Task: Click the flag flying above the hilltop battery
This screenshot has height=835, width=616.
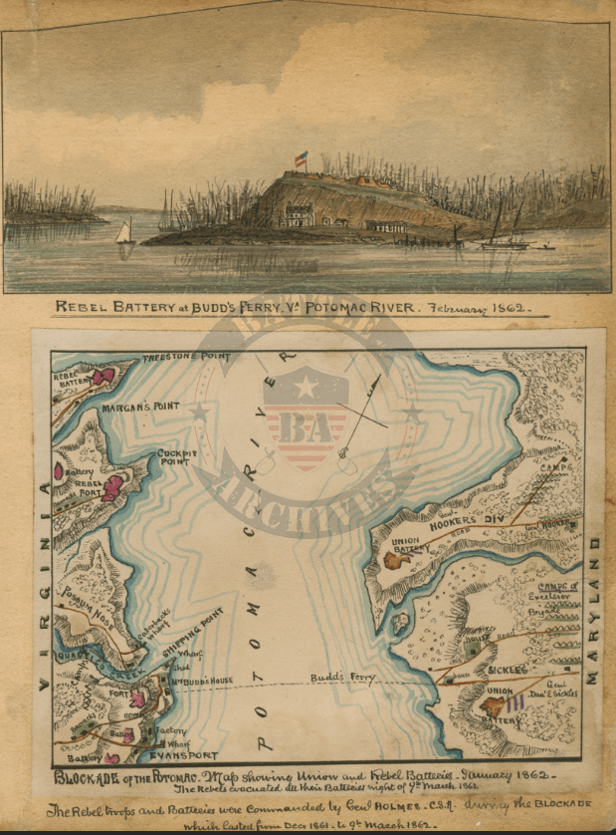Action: tap(301, 157)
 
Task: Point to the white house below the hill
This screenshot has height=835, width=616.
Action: tap(298, 215)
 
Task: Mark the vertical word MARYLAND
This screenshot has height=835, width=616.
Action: tap(593, 608)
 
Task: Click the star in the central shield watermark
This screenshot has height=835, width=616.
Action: tap(306, 387)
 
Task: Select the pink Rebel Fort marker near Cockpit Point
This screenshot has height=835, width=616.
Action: tap(113, 487)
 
